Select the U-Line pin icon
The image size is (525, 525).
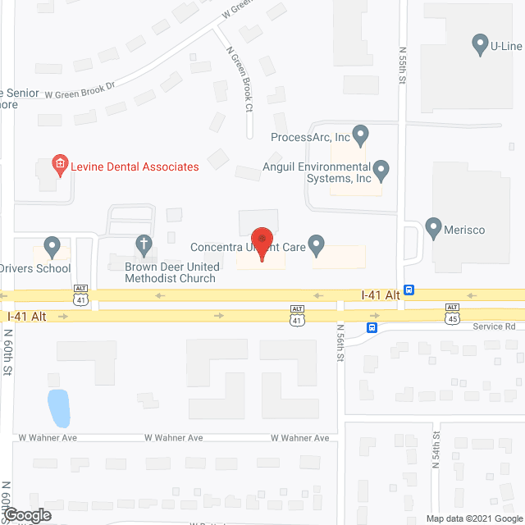point(481,44)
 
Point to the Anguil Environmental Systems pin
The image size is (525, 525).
point(381,171)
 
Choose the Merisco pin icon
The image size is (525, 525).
point(434,227)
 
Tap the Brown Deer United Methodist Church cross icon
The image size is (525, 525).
point(144,244)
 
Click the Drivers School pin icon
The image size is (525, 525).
point(52,245)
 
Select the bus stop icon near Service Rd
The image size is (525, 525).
point(372,327)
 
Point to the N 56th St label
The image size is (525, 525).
point(340,345)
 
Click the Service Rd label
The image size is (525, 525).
point(493,326)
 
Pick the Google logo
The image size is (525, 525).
point(25,515)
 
